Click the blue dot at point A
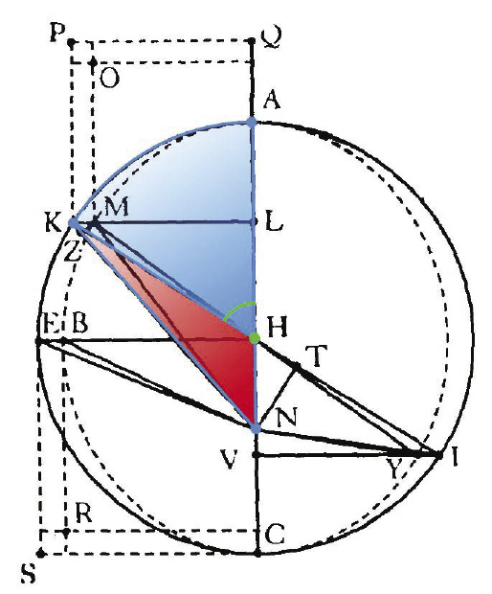point(252,123)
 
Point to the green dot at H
point(254,338)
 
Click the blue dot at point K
point(73,223)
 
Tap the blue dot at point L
point(254,222)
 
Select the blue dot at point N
point(256,427)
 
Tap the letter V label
point(229,459)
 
